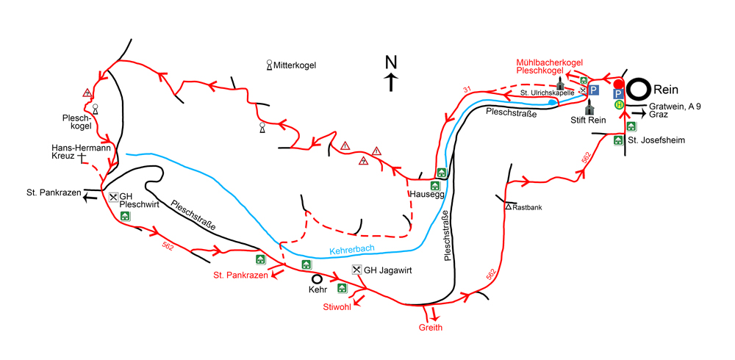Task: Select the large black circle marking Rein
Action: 638,90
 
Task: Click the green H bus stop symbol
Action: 619,105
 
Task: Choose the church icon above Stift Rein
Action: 588,107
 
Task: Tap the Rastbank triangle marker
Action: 508,207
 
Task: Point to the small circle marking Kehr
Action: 318,279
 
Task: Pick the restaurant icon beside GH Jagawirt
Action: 356,270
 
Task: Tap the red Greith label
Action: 431,328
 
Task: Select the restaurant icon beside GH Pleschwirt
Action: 113,197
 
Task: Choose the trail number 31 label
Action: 465,90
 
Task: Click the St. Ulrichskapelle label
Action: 548,93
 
